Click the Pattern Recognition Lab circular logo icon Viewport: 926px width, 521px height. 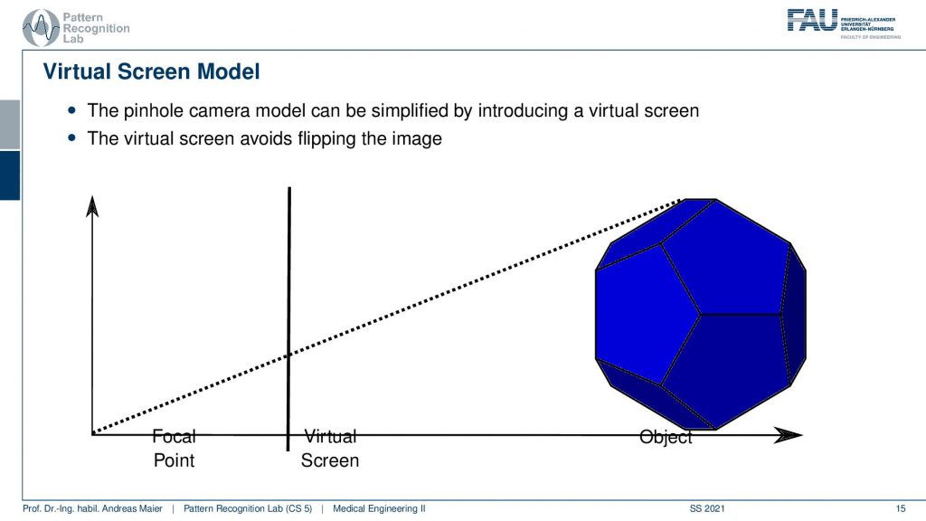tap(41, 27)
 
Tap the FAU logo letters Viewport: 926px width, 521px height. tap(812, 21)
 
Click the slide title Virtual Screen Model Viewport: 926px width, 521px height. tap(151, 71)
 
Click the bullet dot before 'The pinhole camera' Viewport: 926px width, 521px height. tap(72, 109)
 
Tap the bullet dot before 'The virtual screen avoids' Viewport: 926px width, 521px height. tap(72, 137)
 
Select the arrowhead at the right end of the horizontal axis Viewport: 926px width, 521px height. tap(789, 435)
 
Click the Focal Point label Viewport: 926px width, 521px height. tap(174, 449)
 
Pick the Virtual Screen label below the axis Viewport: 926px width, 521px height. tap(329, 449)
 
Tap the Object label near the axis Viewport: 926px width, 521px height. tap(666, 437)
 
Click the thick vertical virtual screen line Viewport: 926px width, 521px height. tap(288, 319)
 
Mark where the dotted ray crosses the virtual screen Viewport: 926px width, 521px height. tap(288, 355)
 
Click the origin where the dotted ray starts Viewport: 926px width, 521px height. tap(93, 434)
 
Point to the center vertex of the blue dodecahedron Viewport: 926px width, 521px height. tap(701, 314)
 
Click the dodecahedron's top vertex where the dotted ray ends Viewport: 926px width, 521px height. tap(683, 200)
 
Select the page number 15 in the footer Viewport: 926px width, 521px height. tap(900, 508)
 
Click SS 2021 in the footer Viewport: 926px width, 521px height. tap(707, 508)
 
